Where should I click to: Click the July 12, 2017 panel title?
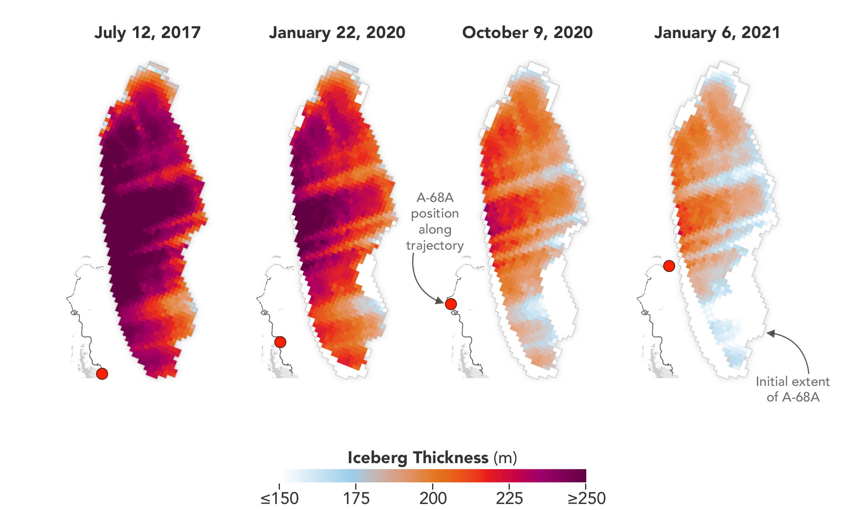[x=147, y=32]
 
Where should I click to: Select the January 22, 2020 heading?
[x=337, y=32]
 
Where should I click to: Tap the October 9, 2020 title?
[x=527, y=32]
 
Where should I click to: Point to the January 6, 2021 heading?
[x=717, y=32]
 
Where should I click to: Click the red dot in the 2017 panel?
[x=102, y=373]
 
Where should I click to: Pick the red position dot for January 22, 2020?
[x=280, y=342]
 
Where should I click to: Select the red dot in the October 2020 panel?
[x=451, y=304]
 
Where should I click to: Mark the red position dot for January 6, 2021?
[x=669, y=266]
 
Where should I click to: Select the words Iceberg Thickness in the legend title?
[x=418, y=458]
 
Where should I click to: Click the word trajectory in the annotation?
[x=435, y=245]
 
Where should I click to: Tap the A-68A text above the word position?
[x=435, y=198]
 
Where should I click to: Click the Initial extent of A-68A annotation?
[x=793, y=389]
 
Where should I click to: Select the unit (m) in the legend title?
[x=505, y=458]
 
